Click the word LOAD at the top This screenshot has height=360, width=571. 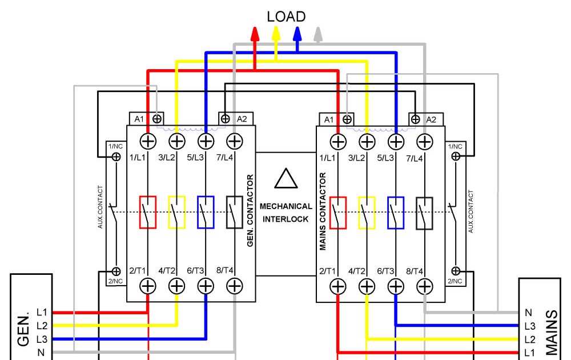point(286,17)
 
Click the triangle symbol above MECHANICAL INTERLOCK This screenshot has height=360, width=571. point(285,178)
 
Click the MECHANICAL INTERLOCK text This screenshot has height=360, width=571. point(285,212)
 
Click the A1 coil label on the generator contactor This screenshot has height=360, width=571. point(139,119)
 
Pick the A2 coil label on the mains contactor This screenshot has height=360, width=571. point(431,119)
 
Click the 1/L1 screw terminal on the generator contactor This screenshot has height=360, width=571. point(148,140)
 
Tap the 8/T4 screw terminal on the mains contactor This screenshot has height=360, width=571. point(424,285)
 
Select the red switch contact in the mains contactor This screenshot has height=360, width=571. point(338,213)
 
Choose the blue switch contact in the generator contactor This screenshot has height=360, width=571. point(206,212)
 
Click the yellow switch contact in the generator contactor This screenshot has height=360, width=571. point(177,212)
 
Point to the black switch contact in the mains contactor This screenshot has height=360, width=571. point(424,213)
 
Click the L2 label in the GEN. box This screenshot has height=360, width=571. point(42,326)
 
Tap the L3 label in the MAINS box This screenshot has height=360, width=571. point(530,326)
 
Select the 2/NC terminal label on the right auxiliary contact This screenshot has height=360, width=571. point(455,281)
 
